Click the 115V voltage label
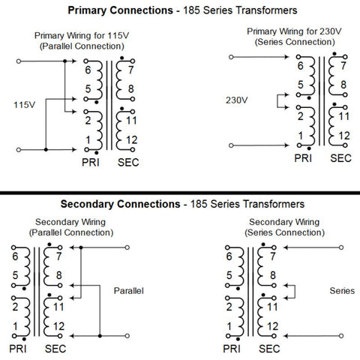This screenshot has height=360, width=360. (x=25, y=105)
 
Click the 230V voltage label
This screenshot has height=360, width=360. (x=237, y=100)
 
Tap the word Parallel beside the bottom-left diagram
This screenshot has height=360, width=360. (x=129, y=291)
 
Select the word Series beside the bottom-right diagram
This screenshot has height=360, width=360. (x=342, y=291)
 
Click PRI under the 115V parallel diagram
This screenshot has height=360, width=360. (x=91, y=163)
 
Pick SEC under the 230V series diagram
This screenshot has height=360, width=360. (x=340, y=158)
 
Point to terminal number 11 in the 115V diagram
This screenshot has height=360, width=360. (x=131, y=121)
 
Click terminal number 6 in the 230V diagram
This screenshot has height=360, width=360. (x=301, y=66)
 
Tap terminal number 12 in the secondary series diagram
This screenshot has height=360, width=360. (x=272, y=326)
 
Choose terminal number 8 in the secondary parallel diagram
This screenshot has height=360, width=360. (x=59, y=275)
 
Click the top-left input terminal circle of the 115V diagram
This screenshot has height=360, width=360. (x=19, y=61)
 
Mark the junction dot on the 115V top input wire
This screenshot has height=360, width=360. (x=64, y=61)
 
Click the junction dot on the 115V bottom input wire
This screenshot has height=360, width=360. (x=46, y=149)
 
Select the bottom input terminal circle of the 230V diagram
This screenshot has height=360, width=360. (x=231, y=145)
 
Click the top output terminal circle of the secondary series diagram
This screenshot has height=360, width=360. (x=341, y=247)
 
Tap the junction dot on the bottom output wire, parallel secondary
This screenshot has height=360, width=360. (x=100, y=336)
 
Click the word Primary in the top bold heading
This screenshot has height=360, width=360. (x=87, y=10)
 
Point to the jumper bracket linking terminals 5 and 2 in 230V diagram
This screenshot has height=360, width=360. (x=277, y=101)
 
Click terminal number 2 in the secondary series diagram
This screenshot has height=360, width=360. (x=229, y=307)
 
